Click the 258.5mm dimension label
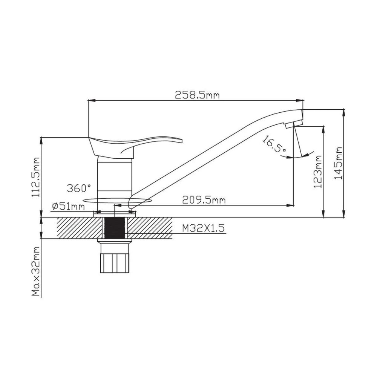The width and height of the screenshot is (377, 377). tap(197, 95)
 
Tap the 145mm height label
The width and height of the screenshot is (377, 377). tap(339, 163)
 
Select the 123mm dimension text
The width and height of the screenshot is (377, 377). tap(318, 172)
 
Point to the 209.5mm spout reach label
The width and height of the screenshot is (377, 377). tap(204, 200)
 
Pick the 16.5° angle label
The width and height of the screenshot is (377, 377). tap(274, 144)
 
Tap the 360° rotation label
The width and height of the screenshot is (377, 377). tap(79, 188)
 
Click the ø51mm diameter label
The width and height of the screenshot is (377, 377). tap(68, 206)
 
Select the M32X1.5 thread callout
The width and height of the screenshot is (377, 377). tap(204, 228)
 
